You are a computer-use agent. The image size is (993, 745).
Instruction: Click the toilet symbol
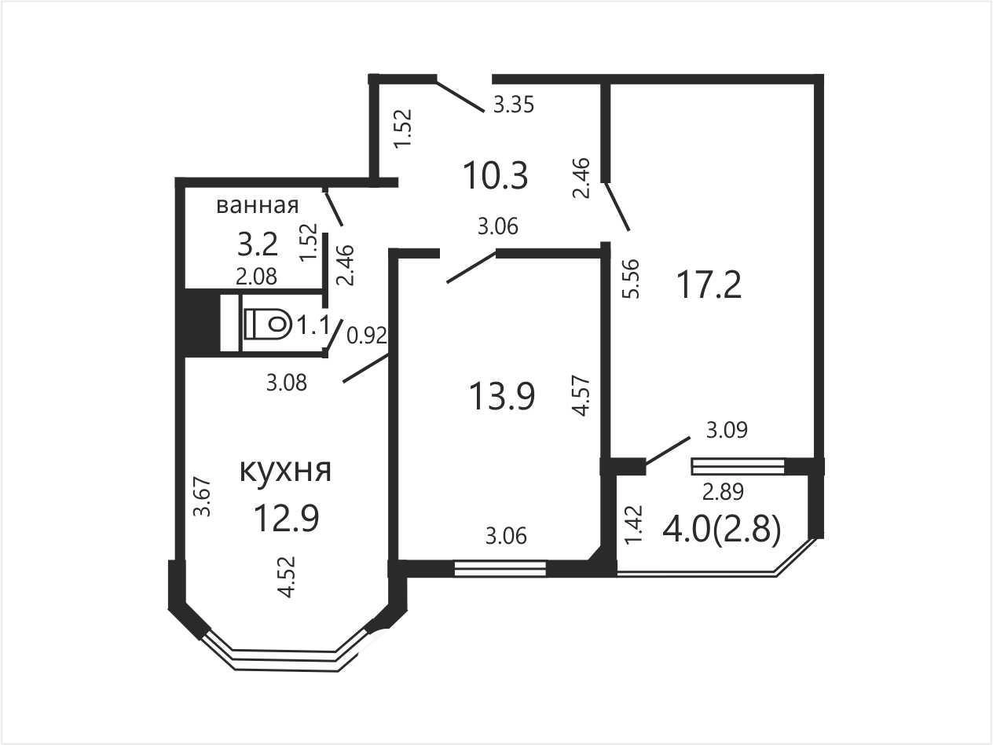pos(267,324)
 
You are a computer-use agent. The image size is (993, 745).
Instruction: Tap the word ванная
pos(258,205)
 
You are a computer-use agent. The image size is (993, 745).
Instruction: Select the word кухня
pos(285,471)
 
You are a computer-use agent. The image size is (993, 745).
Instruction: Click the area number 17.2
pos(709,286)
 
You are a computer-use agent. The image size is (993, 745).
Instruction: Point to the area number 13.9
pos(502,396)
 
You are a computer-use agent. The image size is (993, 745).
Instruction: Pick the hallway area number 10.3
pos(496,176)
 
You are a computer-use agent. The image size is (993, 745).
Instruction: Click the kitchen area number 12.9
pos(287,519)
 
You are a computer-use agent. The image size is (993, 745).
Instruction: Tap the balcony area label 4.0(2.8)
pos(721,530)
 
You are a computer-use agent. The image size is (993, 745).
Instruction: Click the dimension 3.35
pos(514,105)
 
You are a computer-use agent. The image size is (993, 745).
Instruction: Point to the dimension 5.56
pos(631,279)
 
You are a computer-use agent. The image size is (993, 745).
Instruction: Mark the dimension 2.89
pos(723,492)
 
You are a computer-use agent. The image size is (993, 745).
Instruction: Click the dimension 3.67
pos(202,497)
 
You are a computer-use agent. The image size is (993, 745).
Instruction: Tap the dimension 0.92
pos(366,336)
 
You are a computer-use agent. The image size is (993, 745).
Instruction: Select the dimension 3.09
pos(727,430)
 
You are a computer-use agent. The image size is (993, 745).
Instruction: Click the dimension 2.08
pos(257,277)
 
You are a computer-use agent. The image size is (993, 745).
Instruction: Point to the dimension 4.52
pos(287,577)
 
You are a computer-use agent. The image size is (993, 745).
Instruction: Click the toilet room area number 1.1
pos(312,325)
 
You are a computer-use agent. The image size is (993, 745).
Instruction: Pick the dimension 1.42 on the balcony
pos(633,525)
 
